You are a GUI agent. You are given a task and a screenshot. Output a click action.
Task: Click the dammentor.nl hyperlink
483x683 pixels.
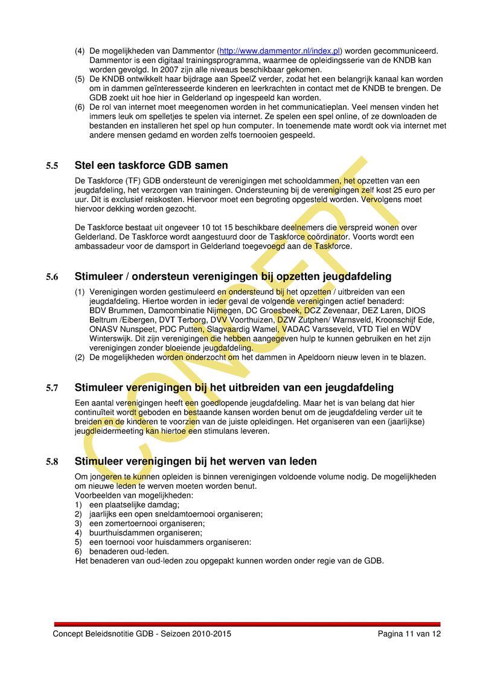coord(280,51)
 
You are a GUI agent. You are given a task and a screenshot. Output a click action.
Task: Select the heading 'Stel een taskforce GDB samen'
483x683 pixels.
coord(151,165)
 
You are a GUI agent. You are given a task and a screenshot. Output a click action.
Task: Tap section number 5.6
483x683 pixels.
coord(52,277)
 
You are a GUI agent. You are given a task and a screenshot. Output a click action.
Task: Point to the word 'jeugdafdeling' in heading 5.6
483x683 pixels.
coord(357,276)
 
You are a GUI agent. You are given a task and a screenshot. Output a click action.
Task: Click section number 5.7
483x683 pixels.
coord(52,388)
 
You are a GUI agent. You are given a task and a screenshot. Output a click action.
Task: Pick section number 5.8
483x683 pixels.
coord(52,462)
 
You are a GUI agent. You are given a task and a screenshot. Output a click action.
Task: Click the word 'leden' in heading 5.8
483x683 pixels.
coord(302,462)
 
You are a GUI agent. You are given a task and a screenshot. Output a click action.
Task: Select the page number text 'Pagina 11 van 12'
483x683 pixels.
coord(409,634)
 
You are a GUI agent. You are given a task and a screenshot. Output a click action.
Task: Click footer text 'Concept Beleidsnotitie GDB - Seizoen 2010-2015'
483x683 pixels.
coord(142,634)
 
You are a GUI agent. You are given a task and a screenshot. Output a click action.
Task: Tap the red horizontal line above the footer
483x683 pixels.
coord(248,624)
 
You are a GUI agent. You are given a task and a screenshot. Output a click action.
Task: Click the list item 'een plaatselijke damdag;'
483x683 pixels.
coord(134,504)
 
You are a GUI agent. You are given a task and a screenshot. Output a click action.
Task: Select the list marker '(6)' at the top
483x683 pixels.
coord(80,107)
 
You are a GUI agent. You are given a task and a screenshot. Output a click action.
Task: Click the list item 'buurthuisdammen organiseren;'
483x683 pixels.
coord(146,533)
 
